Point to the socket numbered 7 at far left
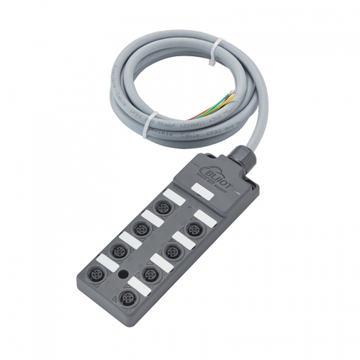pos(97,276)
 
